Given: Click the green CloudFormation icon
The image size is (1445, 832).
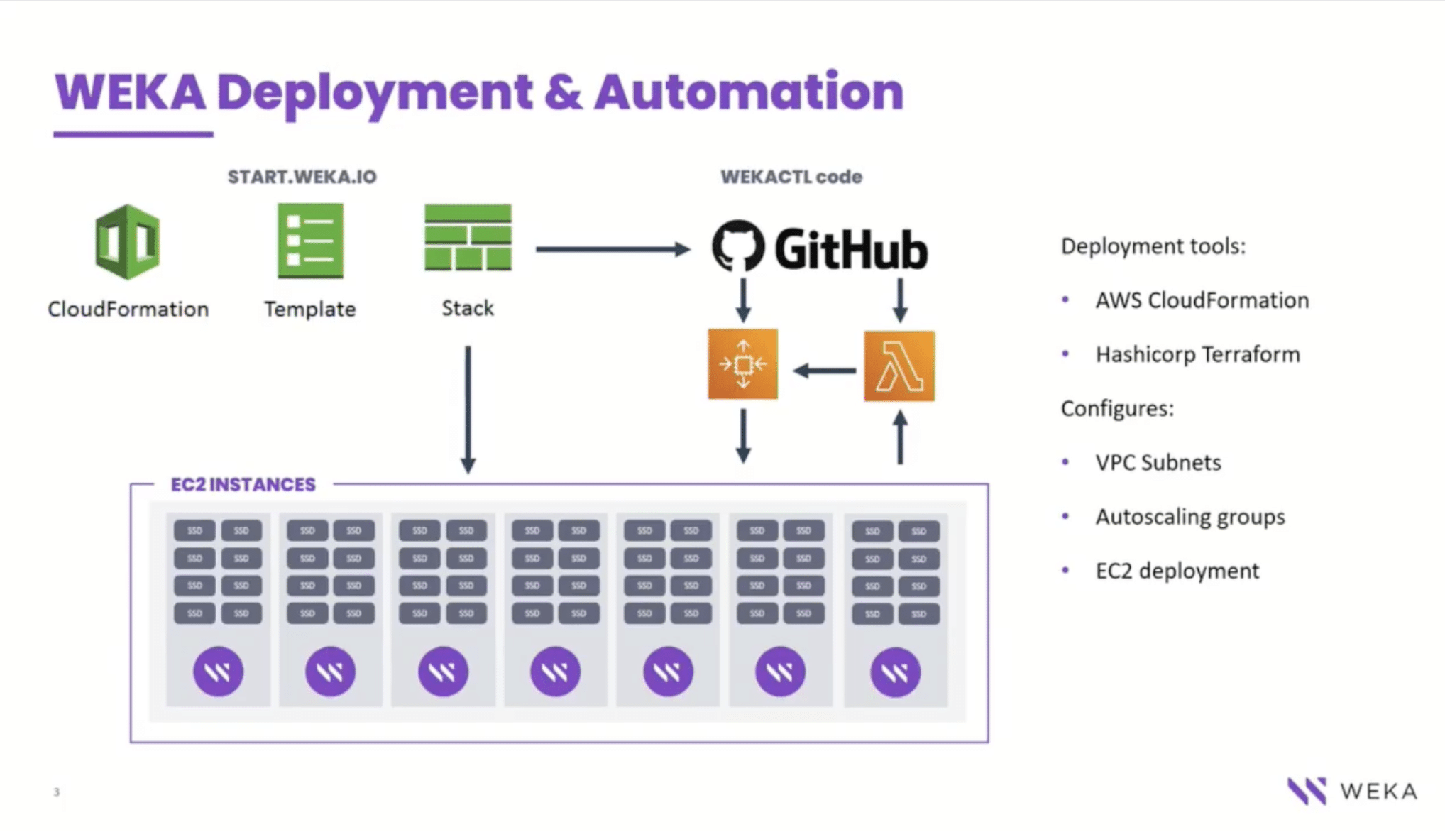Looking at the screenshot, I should click(x=128, y=241).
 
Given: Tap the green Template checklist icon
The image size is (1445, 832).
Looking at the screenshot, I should click(x=310, y=241).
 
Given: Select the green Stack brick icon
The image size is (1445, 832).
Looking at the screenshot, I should click(x=468, y=238).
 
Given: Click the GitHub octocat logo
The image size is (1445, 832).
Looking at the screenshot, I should click(x=738, y=246).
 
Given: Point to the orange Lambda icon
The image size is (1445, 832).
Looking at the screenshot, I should click(x=899, y=366).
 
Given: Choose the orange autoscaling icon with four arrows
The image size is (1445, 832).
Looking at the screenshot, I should click(x=742, y=364).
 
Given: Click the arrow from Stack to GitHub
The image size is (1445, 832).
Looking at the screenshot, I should click(x=612, y=249).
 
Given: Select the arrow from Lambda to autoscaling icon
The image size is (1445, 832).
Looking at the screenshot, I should click(x=824, y=371).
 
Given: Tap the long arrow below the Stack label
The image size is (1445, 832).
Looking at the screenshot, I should click(x=468, y=409).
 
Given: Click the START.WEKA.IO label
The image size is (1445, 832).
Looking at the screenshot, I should click(x=302, y=177).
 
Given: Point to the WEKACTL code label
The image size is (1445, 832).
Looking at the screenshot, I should click(x=791, y=177).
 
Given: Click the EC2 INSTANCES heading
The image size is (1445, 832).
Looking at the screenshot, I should click(x=243, y=484).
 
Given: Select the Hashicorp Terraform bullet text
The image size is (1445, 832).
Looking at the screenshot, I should click(x=1197, y=354).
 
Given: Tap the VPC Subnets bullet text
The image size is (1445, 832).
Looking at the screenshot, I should click(x=1158, y=463).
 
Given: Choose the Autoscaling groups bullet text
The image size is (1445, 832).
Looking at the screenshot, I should click(x=1189, y=517).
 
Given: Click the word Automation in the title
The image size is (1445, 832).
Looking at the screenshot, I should click(x=749, y=92).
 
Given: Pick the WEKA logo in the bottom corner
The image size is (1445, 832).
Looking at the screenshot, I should click(x=1352, y=791).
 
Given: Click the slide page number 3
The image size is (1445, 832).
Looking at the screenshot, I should click(x=57, y=792).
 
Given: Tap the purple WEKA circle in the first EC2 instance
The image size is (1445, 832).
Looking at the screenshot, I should click(x=218, y=672).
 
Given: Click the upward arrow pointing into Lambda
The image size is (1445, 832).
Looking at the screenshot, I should click(x=900, y=439).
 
